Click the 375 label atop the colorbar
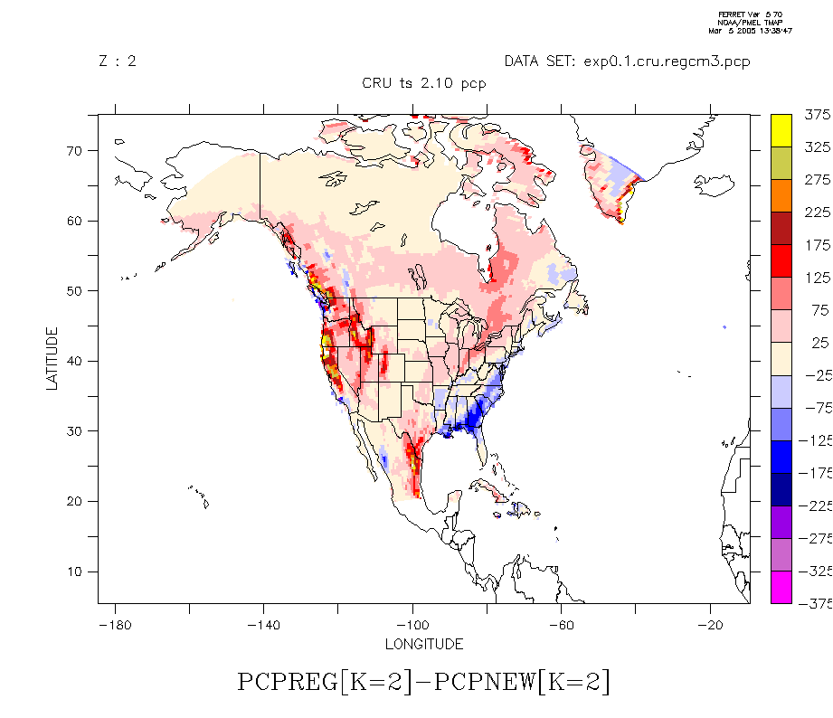tap(817, 115)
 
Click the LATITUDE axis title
tap(52, 358)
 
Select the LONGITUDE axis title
tap(424, 645)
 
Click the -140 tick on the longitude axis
tap(263, 625)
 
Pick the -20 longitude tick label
tap(711, 625)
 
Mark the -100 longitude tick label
tap(412, 625)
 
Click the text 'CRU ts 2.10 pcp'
tap(424, 84)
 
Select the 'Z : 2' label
tap(118, 61)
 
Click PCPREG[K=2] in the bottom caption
tap(324, 682)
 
